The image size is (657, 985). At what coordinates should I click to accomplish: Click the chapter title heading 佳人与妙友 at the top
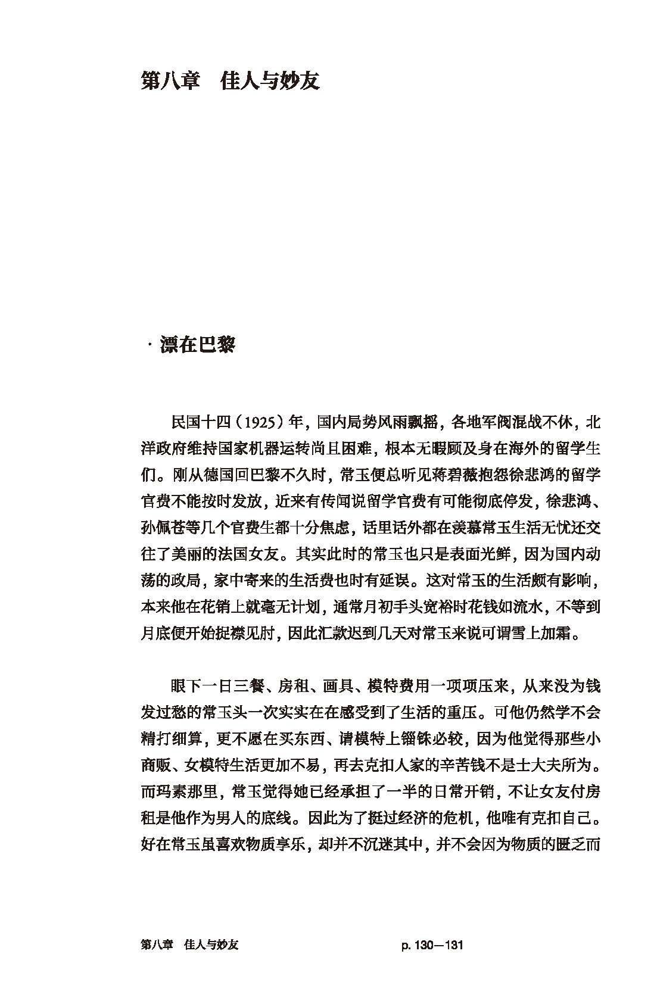tap(270, 80)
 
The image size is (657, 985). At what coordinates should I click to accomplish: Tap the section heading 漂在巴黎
tap(197, 345)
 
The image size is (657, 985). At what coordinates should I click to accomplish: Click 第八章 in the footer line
tap(157, 945)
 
